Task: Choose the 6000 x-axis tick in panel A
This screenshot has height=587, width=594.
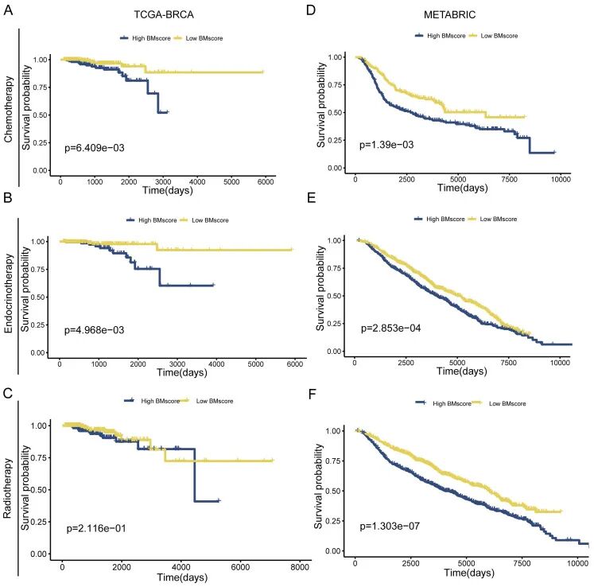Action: [x=266, y=183]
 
